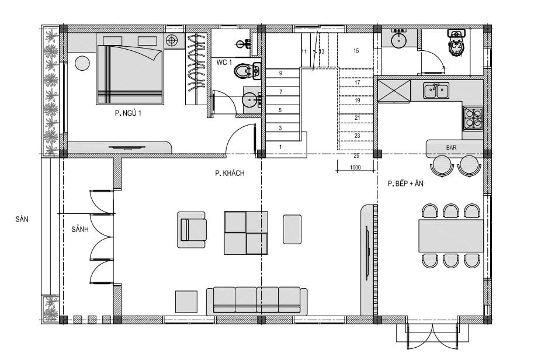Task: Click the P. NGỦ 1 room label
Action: [128, 113]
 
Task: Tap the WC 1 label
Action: [224, 63]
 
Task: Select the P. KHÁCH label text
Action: [230, 173]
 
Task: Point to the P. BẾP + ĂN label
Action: [405, 184]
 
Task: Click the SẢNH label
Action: [80, 229]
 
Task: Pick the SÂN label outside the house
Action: [22, 219]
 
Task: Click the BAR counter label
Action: [451, 148]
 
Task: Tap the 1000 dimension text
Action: [355, 167]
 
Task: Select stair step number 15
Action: [356, 51]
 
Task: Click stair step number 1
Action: [280, 147]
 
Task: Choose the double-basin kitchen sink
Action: [436, 91]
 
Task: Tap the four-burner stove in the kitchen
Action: [473, 118]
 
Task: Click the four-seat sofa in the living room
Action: [257, 300]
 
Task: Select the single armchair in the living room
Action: [192, 229]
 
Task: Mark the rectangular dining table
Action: [451, 236]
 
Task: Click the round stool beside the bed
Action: [82, 63]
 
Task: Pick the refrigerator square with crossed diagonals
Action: [394, 91]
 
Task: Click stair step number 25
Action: [356, 156]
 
